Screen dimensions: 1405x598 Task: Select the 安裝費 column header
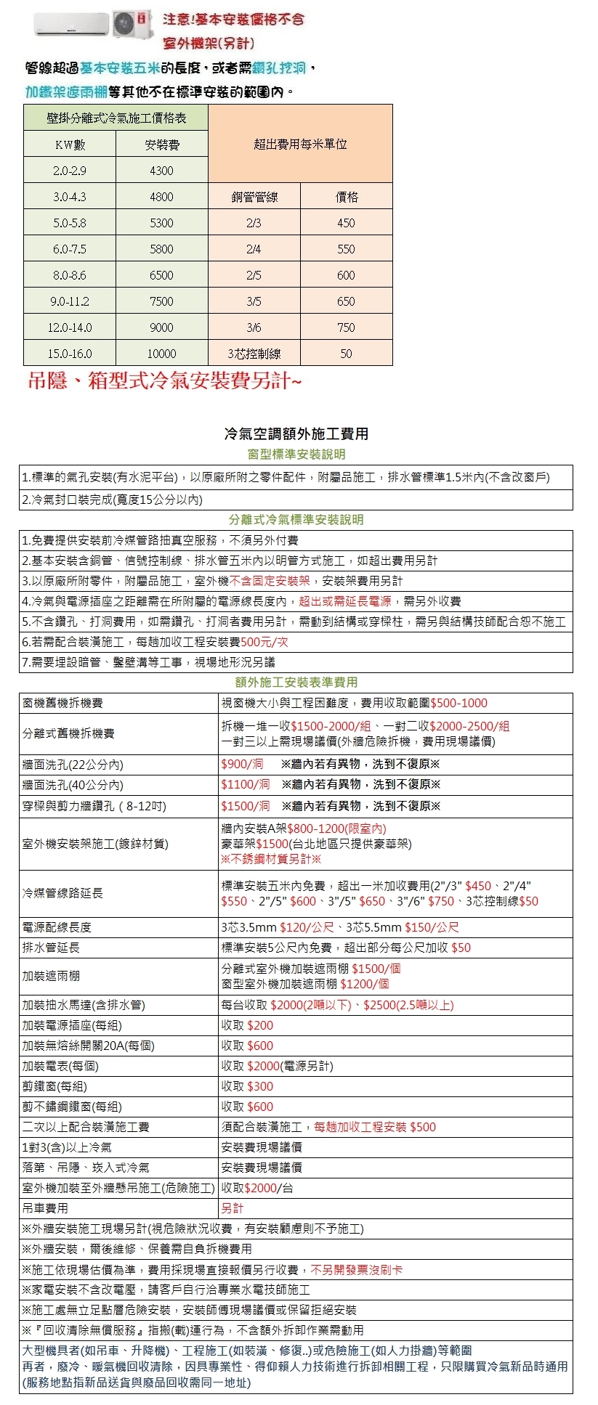point(161,144)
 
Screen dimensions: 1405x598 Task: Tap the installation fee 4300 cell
point(161,171)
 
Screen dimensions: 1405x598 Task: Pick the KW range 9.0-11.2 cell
point(70,301)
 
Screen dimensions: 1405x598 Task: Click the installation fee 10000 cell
point(161,354)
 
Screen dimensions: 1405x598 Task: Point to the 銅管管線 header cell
point(254,197)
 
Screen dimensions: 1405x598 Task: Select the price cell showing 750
point(346,327)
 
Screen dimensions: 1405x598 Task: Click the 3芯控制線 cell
point(254,354)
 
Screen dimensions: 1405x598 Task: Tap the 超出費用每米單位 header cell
point(300,144)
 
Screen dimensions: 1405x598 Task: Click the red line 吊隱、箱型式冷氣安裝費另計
point(164,380)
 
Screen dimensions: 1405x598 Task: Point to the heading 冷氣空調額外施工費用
point(296,433)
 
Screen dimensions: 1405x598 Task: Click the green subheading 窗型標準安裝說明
point(296,455)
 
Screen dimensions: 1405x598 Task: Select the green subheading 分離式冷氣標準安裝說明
point(296,520)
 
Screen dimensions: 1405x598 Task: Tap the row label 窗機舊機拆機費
point(62,703)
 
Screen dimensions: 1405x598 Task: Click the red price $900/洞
point(243,764)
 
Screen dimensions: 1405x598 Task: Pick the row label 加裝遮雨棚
point(51,976)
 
